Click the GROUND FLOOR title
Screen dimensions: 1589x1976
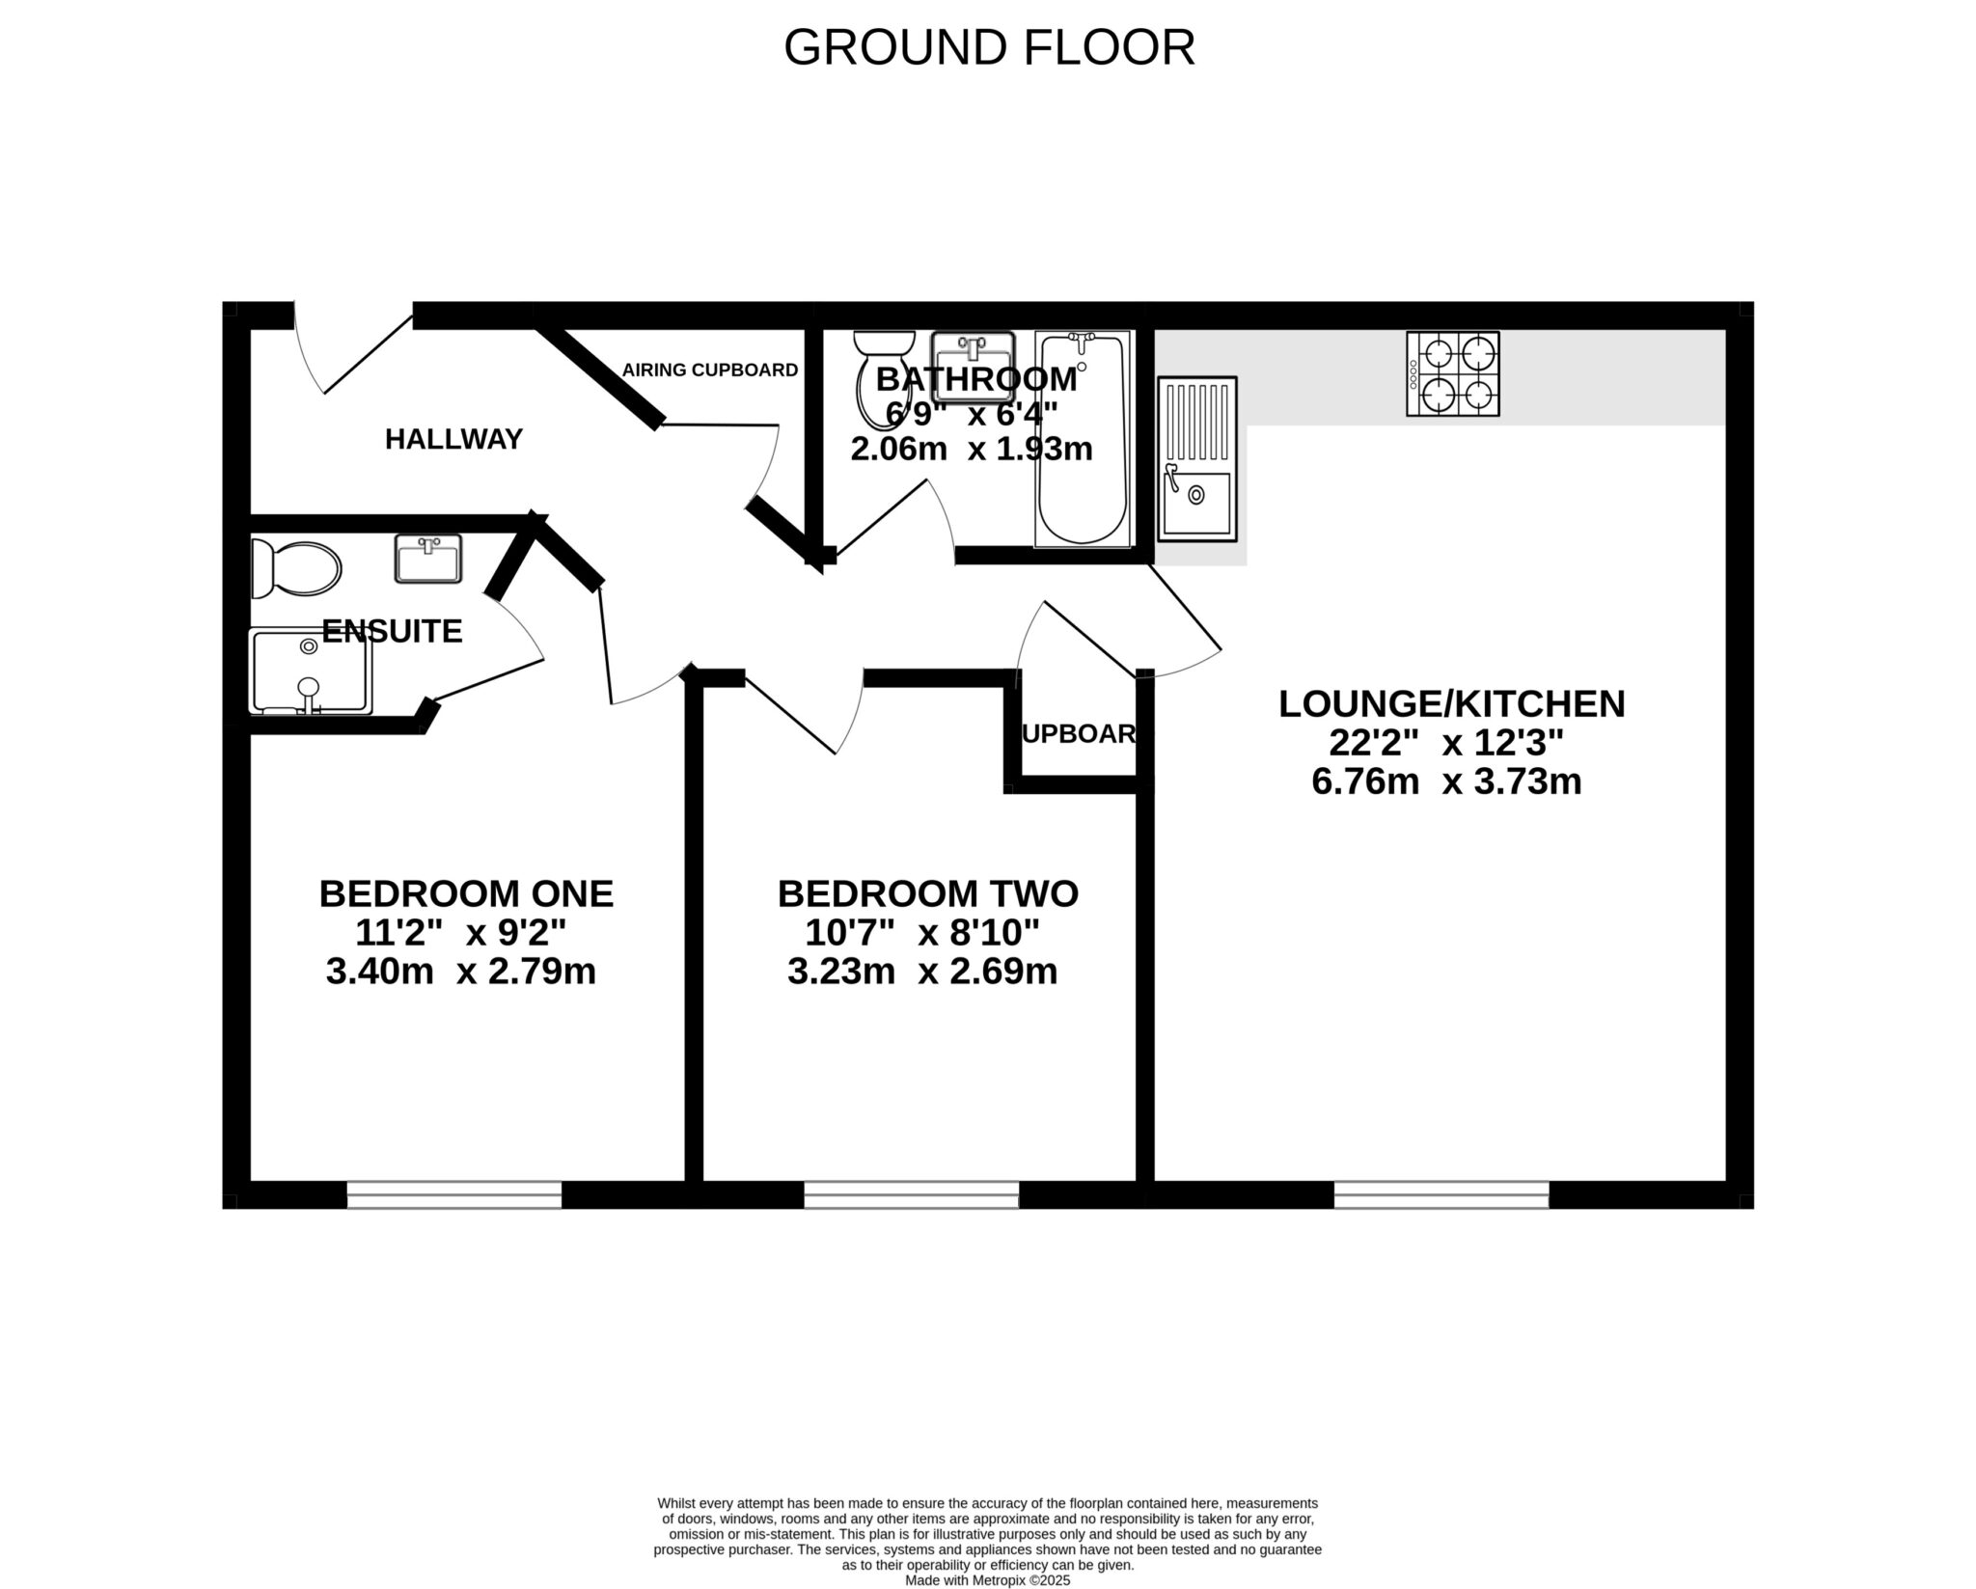pos(989,47)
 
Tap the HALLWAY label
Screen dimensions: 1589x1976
pos(453,440)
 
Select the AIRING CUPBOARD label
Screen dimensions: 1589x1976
pos(709,370)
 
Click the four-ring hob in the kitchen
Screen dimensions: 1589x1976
pos(1452,374)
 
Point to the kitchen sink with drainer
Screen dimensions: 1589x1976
pos(1196,457)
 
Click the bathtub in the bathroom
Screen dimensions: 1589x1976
pos(1082,439)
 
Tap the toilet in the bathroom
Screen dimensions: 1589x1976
pos(885,378)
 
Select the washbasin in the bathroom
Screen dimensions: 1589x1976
pos(973,366)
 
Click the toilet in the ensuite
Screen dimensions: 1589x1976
pos(296,569)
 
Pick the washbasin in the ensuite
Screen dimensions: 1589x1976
pos(428,559)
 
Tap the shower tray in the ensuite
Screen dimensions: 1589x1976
pos(310,671)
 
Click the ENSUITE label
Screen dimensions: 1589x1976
pos(392,632)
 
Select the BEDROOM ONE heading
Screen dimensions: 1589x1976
pos(466,894)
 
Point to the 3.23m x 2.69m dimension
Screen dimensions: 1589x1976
pos(922,972)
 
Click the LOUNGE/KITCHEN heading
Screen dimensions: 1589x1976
pos(1451,704)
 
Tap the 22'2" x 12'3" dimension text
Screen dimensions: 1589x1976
pos(1445,743)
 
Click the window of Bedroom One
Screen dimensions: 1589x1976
pos(453,1195)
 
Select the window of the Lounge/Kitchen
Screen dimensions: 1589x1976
pos(1441,1195)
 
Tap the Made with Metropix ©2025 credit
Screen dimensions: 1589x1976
pos(987,1581)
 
